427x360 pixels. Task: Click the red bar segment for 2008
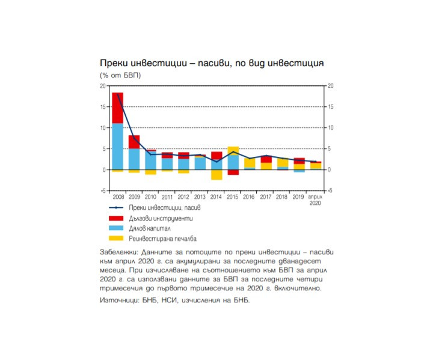[117, 108]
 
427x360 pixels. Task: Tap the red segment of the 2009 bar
[134, 142]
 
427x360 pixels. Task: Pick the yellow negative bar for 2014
[217, 174]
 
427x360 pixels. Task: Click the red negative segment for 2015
[233, 172]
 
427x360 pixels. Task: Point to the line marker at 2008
[117, 94]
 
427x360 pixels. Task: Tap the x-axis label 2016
[250, 197]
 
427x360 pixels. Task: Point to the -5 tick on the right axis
[329, 191]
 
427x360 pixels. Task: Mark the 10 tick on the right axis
[329, 128]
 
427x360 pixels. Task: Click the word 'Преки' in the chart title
[114, 63]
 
